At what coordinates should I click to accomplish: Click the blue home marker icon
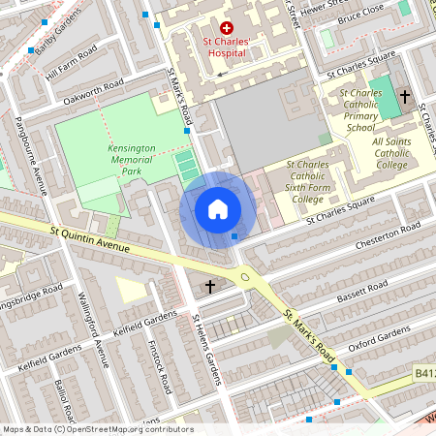click(218, 208)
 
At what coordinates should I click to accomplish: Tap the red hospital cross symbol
click(227, 29)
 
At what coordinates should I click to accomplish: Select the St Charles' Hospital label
click(227, 48)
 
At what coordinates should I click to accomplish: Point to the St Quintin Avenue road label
click(89, 239)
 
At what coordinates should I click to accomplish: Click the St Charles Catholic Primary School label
click(360, 110)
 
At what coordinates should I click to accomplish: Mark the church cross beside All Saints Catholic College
click(405, 96)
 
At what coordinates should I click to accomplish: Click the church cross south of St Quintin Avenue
click(210, 286)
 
